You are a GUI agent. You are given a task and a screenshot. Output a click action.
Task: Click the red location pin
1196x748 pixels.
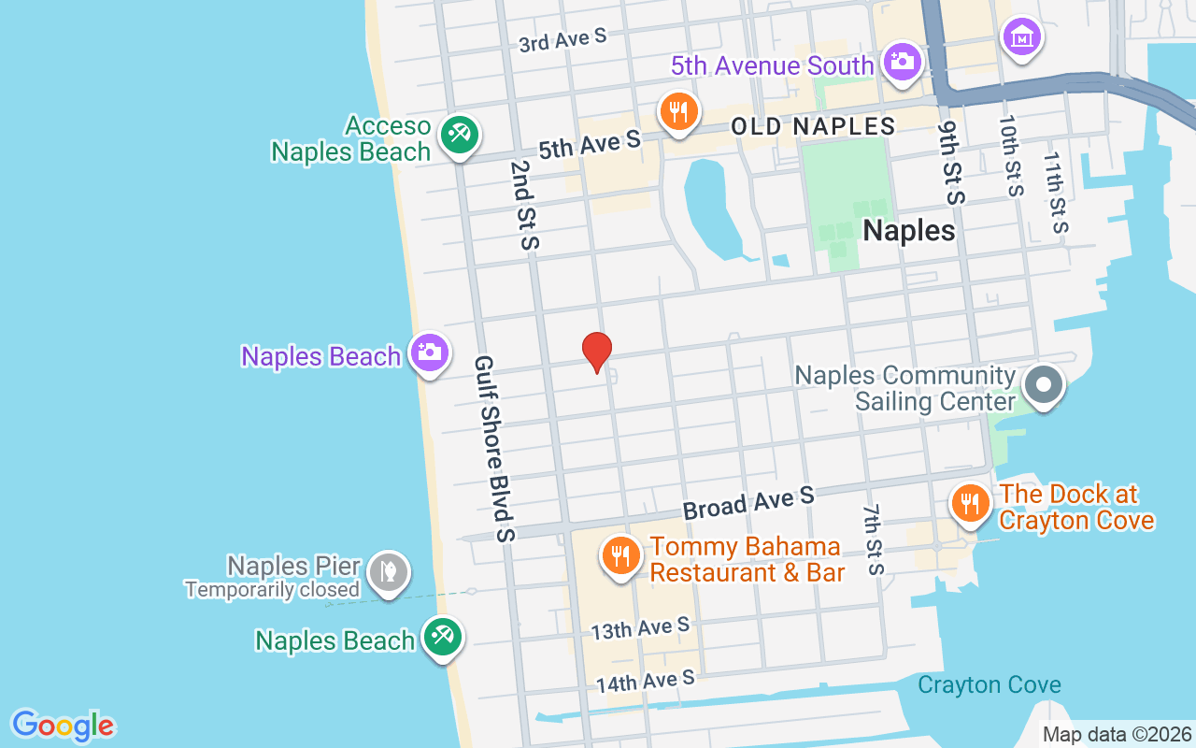[596, 352]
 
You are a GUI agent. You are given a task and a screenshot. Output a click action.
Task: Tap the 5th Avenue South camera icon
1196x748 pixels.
[902, 63]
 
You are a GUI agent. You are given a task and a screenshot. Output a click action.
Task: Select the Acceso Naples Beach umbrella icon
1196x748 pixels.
[459, 135]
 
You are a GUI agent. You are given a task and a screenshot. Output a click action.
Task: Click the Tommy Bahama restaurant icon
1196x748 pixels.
[619, 555]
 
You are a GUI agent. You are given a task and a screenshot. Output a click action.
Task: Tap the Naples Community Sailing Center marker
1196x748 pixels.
[1044, 384]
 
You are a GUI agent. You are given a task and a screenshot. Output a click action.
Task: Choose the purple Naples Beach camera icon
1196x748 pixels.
[429, 352]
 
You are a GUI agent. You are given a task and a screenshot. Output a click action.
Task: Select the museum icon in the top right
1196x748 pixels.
[1021, 36]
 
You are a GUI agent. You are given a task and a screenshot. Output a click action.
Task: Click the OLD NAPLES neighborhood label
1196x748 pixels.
[813, 126]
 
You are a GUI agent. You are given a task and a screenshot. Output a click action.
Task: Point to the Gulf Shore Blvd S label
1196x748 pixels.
[494, 449]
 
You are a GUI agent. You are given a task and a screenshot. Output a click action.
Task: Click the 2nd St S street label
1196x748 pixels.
[525, 204]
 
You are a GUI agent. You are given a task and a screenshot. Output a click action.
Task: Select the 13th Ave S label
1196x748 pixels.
[640, 628]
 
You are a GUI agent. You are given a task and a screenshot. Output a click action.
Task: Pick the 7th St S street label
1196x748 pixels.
[873, 539]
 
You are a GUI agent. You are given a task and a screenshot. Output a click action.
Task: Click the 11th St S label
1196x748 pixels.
[1057, 193]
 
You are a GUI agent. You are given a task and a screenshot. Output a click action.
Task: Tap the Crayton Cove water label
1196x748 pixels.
[989, 685]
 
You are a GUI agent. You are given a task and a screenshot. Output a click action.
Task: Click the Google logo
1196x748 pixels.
[63, 726]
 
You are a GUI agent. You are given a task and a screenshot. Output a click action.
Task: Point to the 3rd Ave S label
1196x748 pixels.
[562, 39]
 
